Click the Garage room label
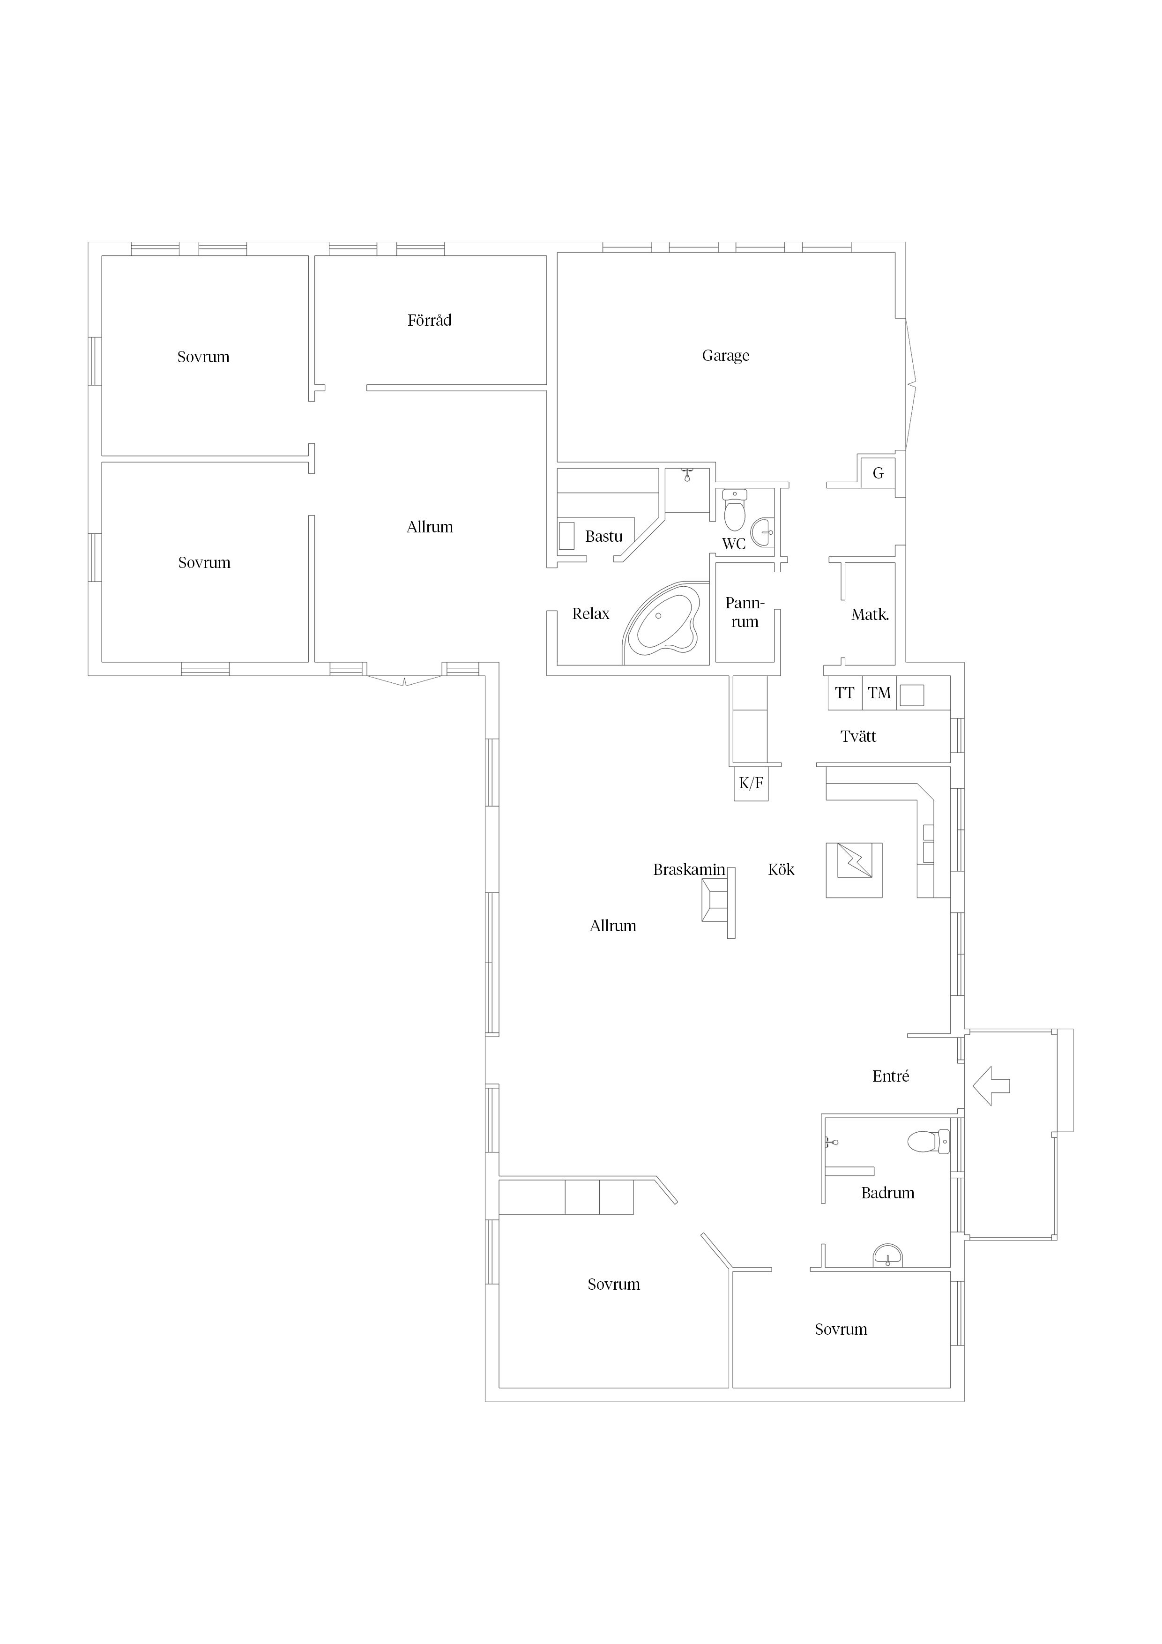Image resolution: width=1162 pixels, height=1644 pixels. (x=725, y=356)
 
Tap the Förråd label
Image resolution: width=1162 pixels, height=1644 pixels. (x=430, y=320)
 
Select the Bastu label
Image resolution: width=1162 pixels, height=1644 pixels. (x=603, y=536)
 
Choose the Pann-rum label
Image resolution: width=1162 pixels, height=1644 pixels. (x=745, y=612)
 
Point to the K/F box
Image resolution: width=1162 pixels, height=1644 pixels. (x=751, y=783)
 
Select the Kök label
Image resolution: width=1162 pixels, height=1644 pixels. (x=781, y=869)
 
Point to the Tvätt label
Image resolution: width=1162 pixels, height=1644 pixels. (x=858, y=736)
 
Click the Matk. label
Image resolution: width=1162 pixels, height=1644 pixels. (x=870, y=614)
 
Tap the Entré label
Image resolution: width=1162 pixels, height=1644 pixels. (x=891, y=1076)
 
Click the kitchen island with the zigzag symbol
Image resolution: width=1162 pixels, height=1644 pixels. (x=854, y=870)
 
